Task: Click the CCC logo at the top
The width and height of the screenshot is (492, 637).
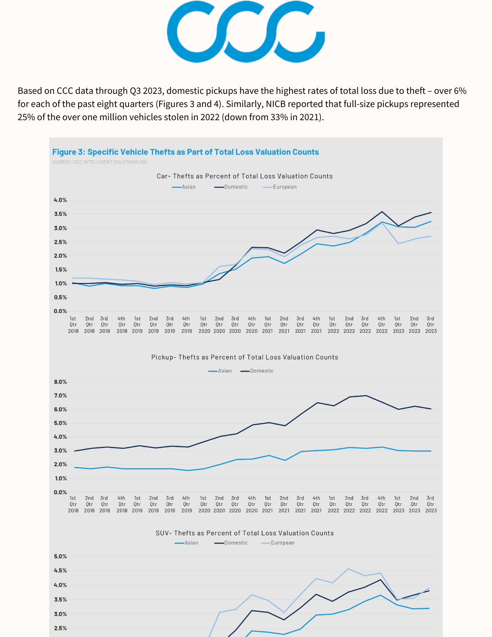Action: [x=246, y=32]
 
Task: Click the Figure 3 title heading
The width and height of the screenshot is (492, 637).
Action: [x=185, y=152]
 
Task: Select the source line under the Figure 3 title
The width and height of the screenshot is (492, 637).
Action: [x=100, y=162]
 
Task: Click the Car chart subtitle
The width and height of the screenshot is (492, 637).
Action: [x=245, y=176]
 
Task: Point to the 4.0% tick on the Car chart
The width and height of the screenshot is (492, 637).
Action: [x=60, y=200]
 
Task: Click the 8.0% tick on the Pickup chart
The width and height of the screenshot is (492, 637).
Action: [x=60, y=382]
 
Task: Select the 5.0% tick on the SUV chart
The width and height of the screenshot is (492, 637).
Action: [x=60, y=556]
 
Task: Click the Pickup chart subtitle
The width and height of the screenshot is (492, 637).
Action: [x=245, y=357]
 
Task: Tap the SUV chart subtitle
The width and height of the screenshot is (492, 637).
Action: [x=245, y=533]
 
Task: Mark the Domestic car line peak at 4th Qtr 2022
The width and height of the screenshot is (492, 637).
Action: [x=382, y=211]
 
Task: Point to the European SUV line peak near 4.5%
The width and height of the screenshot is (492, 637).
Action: [x=349, y=569]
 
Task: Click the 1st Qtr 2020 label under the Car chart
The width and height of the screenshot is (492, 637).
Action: [x=204, y=325]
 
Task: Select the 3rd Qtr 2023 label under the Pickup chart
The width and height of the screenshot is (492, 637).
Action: [x=430, y=505]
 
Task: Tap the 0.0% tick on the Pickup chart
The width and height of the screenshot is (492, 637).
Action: [x=60, y=492]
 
